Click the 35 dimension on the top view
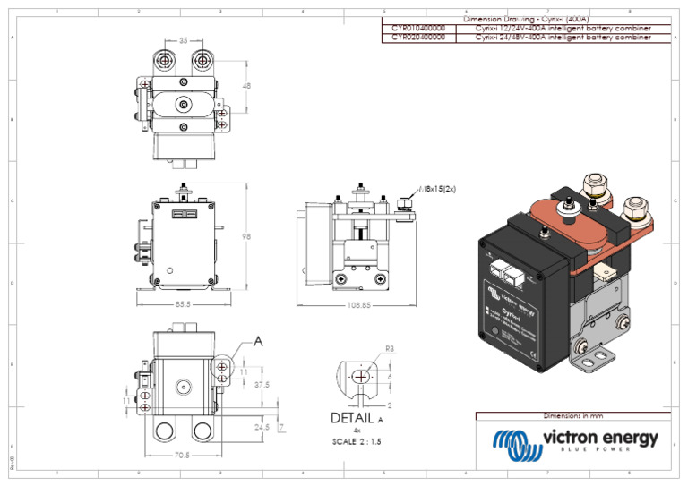184,41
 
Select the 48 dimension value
246,86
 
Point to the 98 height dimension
246,236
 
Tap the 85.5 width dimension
183,304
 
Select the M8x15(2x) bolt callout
439,190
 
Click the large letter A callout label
259,341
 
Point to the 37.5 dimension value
262,385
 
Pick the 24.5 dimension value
262,427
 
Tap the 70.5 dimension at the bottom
182,455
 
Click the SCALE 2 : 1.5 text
357,442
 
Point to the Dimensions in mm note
574,416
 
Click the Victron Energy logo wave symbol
514,443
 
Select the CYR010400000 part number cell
418,29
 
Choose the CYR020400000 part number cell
418,38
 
